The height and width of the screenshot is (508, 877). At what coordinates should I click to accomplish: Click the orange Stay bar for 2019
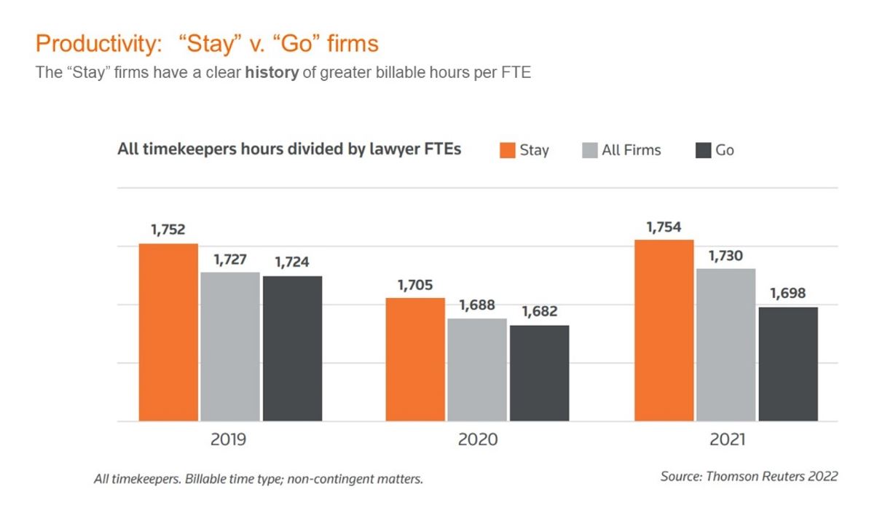168,332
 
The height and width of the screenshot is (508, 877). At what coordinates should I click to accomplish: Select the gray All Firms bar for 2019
230,346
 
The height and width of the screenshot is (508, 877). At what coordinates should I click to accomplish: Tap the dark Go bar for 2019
292,348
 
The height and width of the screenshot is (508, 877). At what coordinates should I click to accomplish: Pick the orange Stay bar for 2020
415,359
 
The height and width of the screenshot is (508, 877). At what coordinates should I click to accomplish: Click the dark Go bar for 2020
539,373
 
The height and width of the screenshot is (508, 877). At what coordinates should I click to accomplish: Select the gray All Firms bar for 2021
725,345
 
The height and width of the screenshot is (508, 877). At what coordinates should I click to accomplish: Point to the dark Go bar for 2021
788,364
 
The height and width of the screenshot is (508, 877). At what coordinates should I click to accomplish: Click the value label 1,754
664,227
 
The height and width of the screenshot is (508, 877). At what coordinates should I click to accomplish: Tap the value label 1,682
539,312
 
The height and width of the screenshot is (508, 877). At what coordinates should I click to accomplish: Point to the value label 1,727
230,259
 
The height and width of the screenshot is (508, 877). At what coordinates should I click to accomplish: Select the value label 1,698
788,294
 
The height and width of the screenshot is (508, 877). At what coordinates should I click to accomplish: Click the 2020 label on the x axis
478,439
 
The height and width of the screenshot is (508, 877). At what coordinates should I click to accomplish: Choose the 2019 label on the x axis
229,439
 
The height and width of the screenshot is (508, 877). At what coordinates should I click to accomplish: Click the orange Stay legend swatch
508,151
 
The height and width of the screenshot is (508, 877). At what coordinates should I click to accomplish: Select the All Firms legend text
631,151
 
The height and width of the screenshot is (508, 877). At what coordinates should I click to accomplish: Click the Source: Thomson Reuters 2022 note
749,476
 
